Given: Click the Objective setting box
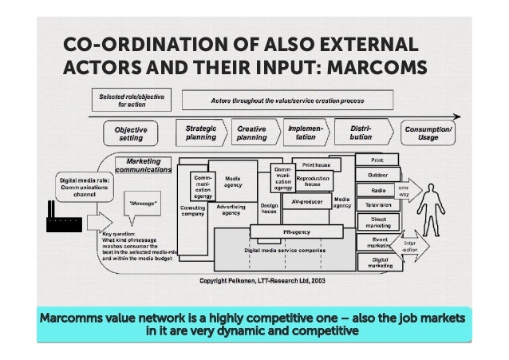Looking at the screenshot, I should (130, 133).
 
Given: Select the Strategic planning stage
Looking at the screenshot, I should (200, 132).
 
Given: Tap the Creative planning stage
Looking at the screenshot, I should (253, 132).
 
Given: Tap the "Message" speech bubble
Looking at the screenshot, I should (144, 204).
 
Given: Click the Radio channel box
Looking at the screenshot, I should (378, 190).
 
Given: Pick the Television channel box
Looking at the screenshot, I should (378, 204).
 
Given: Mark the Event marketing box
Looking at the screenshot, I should (378, 242).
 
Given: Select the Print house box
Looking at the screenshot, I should (316, 164).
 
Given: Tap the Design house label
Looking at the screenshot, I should (270, 208).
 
